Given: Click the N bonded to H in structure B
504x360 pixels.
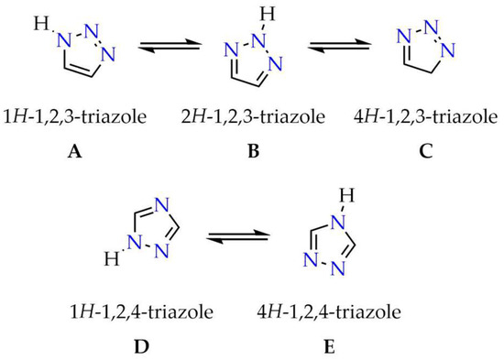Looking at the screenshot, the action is click(264, 36).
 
